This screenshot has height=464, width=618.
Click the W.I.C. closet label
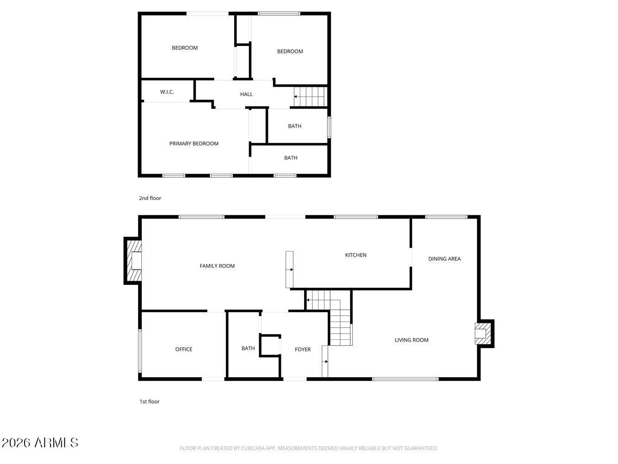click(x=167, y=92)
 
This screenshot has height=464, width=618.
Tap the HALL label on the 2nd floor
click(x=246, y=94)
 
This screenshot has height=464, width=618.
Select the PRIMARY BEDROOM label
click(x=194, y=143)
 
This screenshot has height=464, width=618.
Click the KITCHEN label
click(x=356, y=255)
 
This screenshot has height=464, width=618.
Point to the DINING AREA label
click(x=444, y=258)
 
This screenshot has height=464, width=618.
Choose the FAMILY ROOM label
click(x=217, y=266)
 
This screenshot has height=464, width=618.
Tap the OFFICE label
click(x=184, y=349)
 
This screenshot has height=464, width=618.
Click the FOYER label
click(x=303, y=349)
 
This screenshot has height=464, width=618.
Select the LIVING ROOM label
click(x=411, y=340)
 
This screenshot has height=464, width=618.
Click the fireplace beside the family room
click(x=133, y=261)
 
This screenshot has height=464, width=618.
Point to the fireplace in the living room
click(x=484, y=334)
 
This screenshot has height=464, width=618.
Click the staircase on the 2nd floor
click(x=311, y=97)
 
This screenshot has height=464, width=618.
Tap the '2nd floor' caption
click(x=150, y=198)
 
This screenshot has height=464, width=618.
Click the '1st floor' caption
click(x=149, y=401)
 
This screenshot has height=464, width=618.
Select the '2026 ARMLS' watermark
click(x=40, y=443)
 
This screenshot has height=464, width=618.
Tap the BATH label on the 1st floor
click(x=248, y=348)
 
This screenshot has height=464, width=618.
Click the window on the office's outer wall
click(x=140, y=351)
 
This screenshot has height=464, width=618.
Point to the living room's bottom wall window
click(x=405, y=379)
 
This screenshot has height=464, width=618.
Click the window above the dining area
click(x=446, y=217)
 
